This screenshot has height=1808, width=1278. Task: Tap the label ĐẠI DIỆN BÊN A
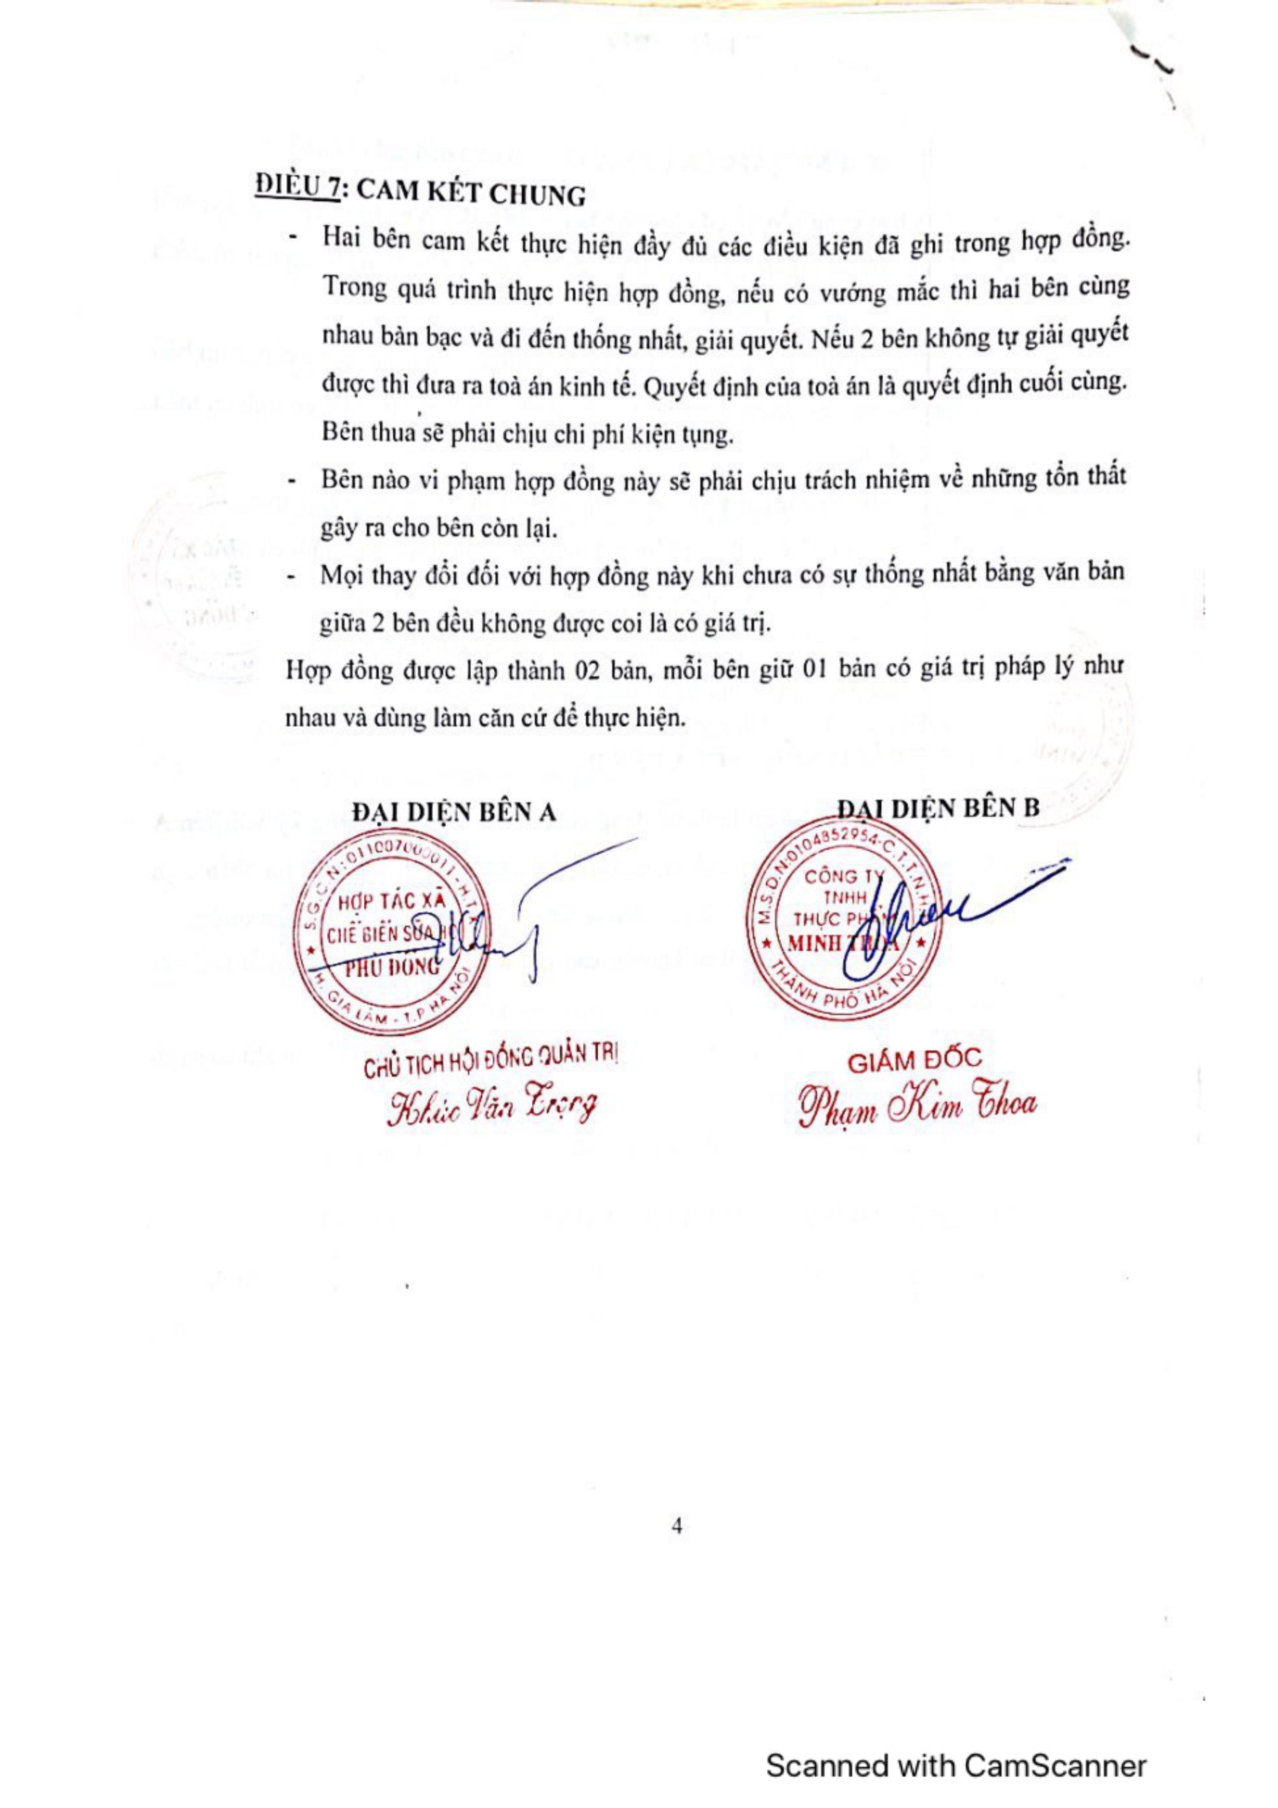[x=455, y=812]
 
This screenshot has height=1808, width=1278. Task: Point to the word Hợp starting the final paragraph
[x=307, y=671]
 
